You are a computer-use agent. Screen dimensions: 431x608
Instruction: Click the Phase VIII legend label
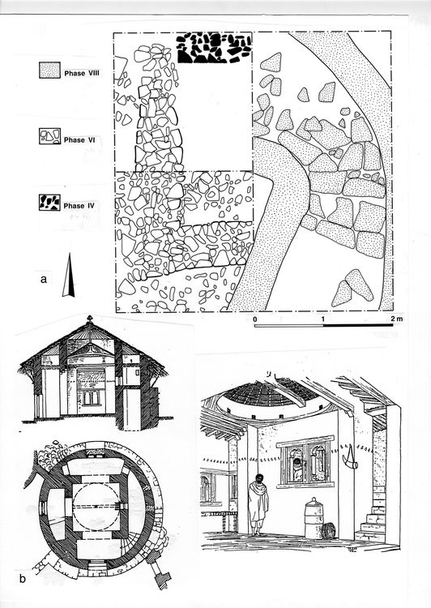click(x=82, y=73)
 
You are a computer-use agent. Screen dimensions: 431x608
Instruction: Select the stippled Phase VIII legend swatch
click(x=50, y=71)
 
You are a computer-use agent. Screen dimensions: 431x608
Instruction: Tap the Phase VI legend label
click(x=79, y=139)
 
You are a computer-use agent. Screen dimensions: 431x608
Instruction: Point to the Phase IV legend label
click(x=79, y=206)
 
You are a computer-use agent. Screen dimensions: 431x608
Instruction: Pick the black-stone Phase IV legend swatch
click(x=49, y=203)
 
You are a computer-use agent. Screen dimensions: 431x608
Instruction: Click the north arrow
click(x=69, y=276)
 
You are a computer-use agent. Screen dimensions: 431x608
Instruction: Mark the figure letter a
click(x=44, y=279)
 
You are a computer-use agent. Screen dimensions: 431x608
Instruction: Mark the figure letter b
click(x=23, y=579)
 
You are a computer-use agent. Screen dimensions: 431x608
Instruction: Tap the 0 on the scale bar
click(x=255, y=319)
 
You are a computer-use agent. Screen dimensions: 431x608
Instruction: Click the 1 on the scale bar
click(x=323, y=319)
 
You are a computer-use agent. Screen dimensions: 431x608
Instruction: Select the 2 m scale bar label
click(x=396, y=319)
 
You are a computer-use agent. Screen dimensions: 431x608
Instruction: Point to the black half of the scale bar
click(x=358, y=325)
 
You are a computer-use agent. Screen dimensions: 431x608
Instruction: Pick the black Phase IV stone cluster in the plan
click(x=214, y=48)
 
